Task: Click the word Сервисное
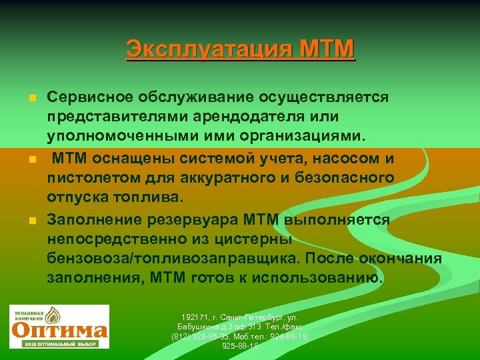(x=90, y=97)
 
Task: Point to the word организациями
(x=301, y=136)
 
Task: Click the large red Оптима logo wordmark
(x=60, y=330)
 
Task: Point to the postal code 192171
(x=194, y=315)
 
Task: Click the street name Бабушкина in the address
(x=197, y=326)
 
